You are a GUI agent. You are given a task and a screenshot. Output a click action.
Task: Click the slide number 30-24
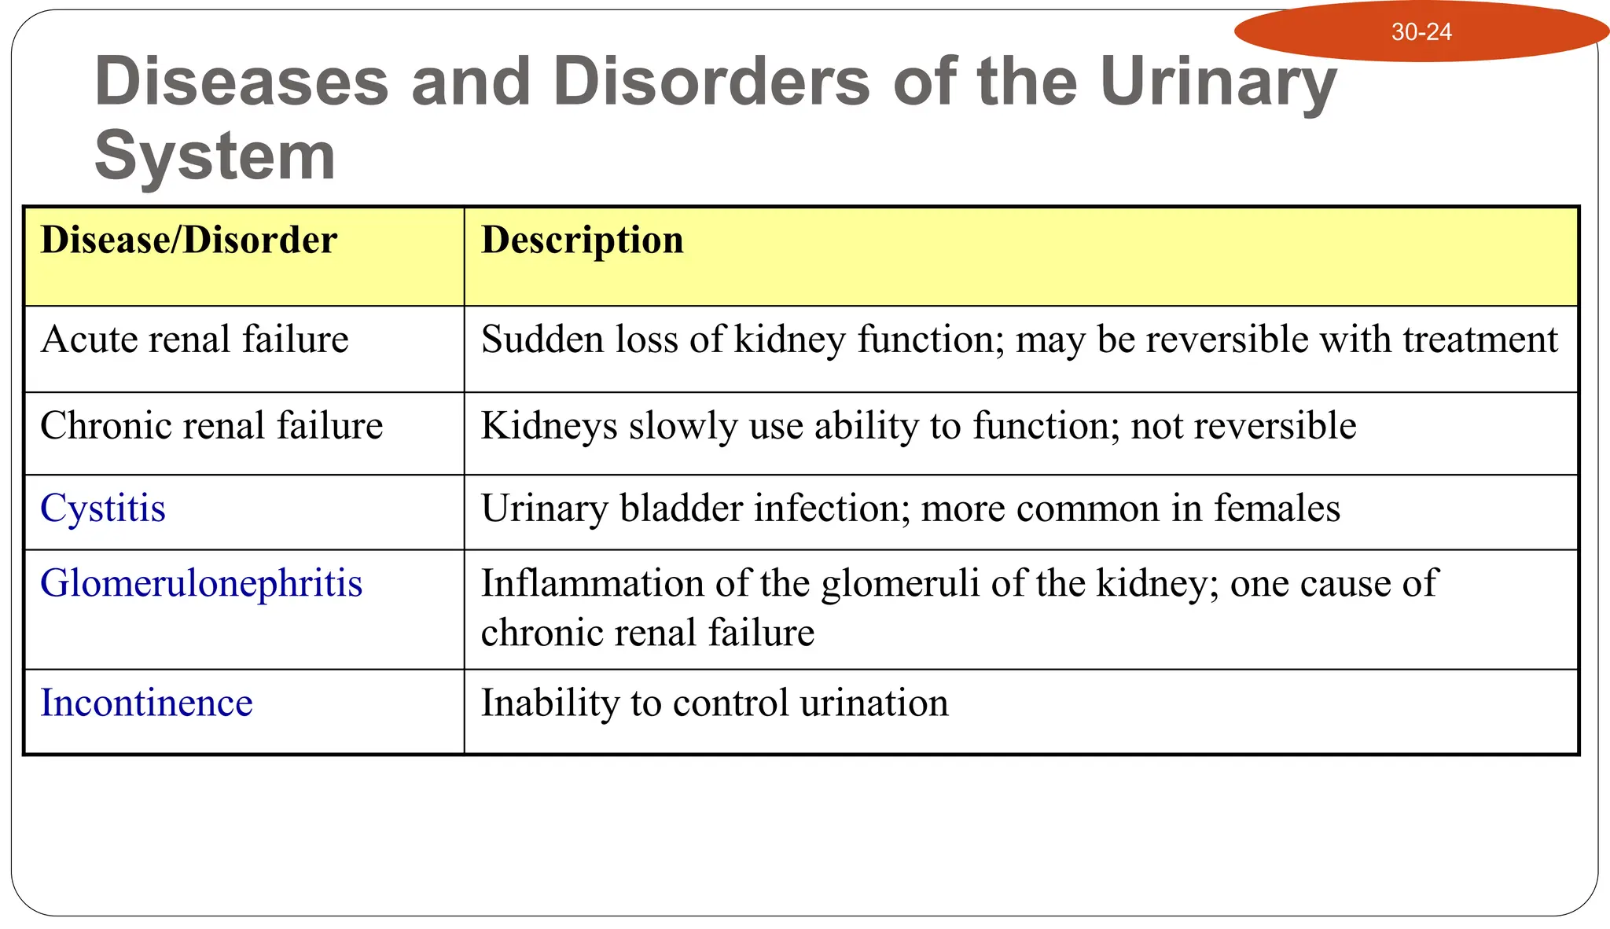(x=1421, y=32)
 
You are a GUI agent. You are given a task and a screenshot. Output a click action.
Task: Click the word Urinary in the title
(x=1218, y=83)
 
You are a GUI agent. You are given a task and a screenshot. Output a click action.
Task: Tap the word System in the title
(x=215, y=156)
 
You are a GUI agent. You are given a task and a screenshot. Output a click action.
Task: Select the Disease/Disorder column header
(x=189, y=240)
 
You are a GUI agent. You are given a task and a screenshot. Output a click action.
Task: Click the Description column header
(x=582, y=240)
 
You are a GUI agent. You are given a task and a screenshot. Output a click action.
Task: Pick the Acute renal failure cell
(x=194, y=340)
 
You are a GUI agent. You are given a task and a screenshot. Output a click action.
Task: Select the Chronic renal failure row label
(x=211, y=426)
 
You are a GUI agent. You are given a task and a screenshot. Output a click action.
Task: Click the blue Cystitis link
(x=103, y=509)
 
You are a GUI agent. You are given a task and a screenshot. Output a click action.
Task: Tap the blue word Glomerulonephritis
(x=201, y=584)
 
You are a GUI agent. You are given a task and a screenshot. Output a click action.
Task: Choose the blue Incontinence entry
(x=146, y=703)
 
